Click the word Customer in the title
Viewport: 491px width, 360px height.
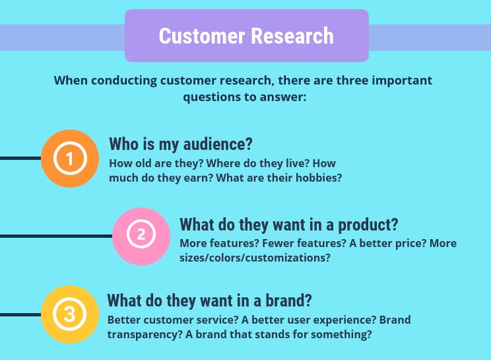click(x=202, y=36)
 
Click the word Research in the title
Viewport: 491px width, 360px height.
click(x=292, y=36)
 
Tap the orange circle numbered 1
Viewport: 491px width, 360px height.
click(x=70, y=159)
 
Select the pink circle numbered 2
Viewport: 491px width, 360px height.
click(x=141, y=236)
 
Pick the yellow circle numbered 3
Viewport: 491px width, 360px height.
click(x=70, y=314)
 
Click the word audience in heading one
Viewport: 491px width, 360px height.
click(x=218, y=144)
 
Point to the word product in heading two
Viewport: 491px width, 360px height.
click(x=368, y=225)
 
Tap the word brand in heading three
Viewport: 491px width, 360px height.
click(x=288, y=300)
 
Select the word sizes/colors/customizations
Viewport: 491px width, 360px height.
click(x=255, y=258)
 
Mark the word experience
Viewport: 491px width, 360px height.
click(x=344, y=320)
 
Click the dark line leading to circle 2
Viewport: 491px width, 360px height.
click(x=56, y=236)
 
